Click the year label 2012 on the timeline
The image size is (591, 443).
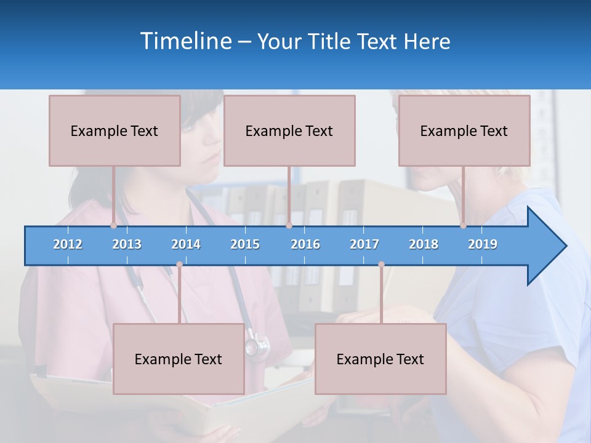point(68,244)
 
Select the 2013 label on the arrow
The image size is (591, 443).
point(127,244)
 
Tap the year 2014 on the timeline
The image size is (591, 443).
point(186,244)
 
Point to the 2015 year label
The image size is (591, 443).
point(245,244)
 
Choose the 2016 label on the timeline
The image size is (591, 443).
point(305,244)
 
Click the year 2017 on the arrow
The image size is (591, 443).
point(364,244)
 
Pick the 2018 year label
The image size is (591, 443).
point(424,244)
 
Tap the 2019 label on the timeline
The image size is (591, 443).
point(483,244)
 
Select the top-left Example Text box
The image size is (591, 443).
point(115,130)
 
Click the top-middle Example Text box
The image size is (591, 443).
point(289,130)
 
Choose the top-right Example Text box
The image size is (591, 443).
point(464,130)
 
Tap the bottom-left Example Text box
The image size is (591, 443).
point(179,359)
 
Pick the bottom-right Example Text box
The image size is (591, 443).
point(380,359)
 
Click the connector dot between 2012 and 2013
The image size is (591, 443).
point(114,226)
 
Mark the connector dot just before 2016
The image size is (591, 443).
point(289,226)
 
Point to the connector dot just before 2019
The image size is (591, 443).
point(463,226)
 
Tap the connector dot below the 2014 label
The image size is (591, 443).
point(179,265)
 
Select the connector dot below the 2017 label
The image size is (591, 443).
point(381,265)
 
